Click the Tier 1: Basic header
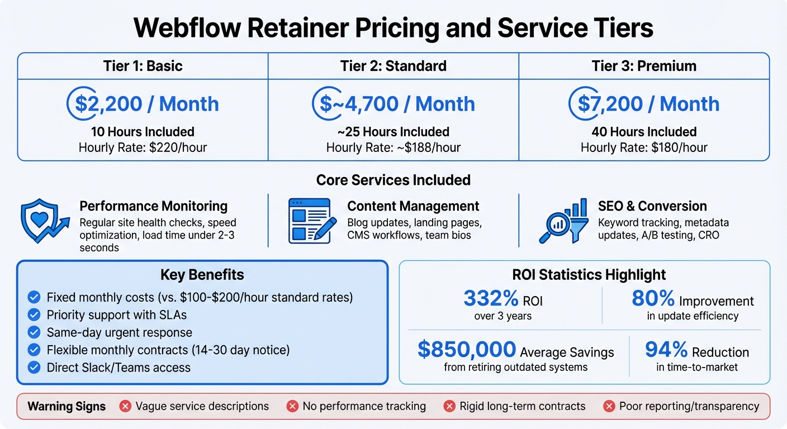[143, 66]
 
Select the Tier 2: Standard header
[393, 66]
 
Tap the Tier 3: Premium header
[644, 66]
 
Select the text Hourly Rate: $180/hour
[644, 147]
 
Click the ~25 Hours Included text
[393, 132]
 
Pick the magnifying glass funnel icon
[563, 221]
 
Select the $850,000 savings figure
[467, 350]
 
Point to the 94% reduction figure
[666, 350]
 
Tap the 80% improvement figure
[653, 299]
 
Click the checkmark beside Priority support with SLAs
[34, 314]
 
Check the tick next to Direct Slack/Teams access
[34, 367]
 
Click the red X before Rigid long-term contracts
[449, 406]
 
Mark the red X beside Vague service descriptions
[125, 406]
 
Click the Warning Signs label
[67, 406]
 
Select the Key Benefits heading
[202, 275]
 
